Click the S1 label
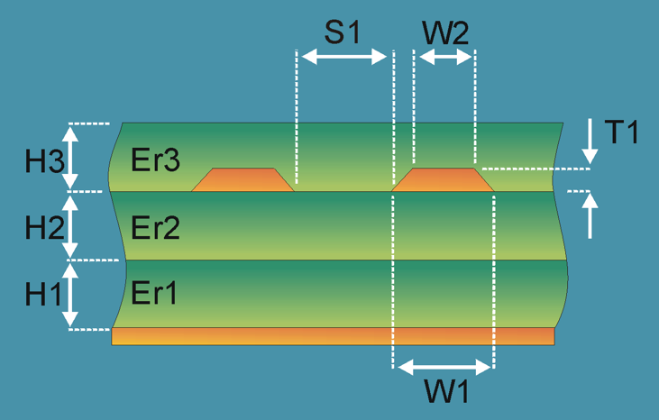pyautogui.click(x=343, y=33)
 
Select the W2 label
pyautogui.click(x=445, y=33)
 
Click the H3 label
pyautogui.click(x=43, y=161)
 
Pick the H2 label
pyautogui.click(x=43, y=228)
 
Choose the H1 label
pyautogui.click(x=43, y=295)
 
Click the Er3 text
pyautogui.click(x=155, y=160)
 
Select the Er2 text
pyautogui.click(x=155, y=227)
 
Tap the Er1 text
pyautogui.click(x=155, y=293)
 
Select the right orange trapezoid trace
pyautogui.click(x=444, y=180)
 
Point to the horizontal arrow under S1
pyautogui.click(x=343, y=57)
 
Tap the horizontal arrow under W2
pyautogui.click(x=444, y=57)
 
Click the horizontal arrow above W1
pyautogui.click(x=444, y=367)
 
